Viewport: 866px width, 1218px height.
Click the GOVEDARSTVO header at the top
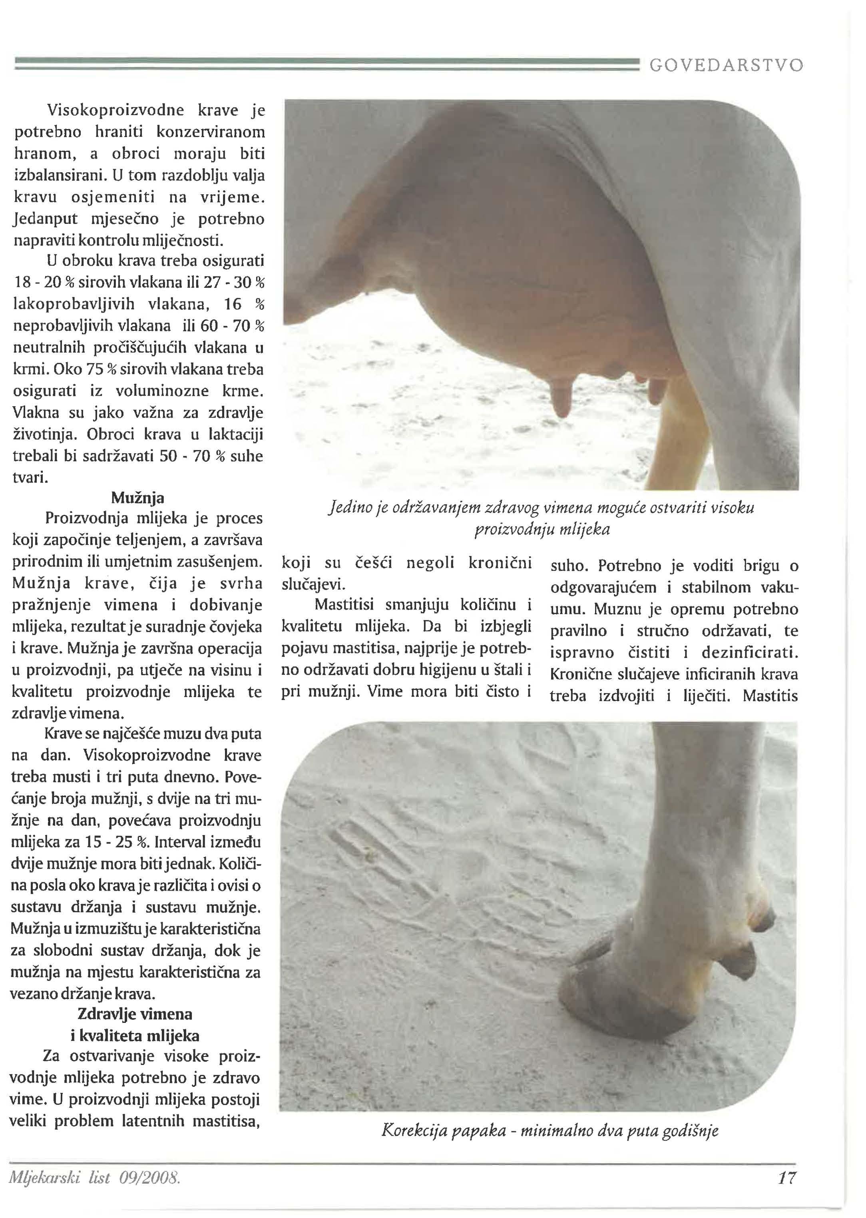726,66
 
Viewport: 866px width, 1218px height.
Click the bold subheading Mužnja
137,498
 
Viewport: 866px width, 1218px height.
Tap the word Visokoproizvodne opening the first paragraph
116,110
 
